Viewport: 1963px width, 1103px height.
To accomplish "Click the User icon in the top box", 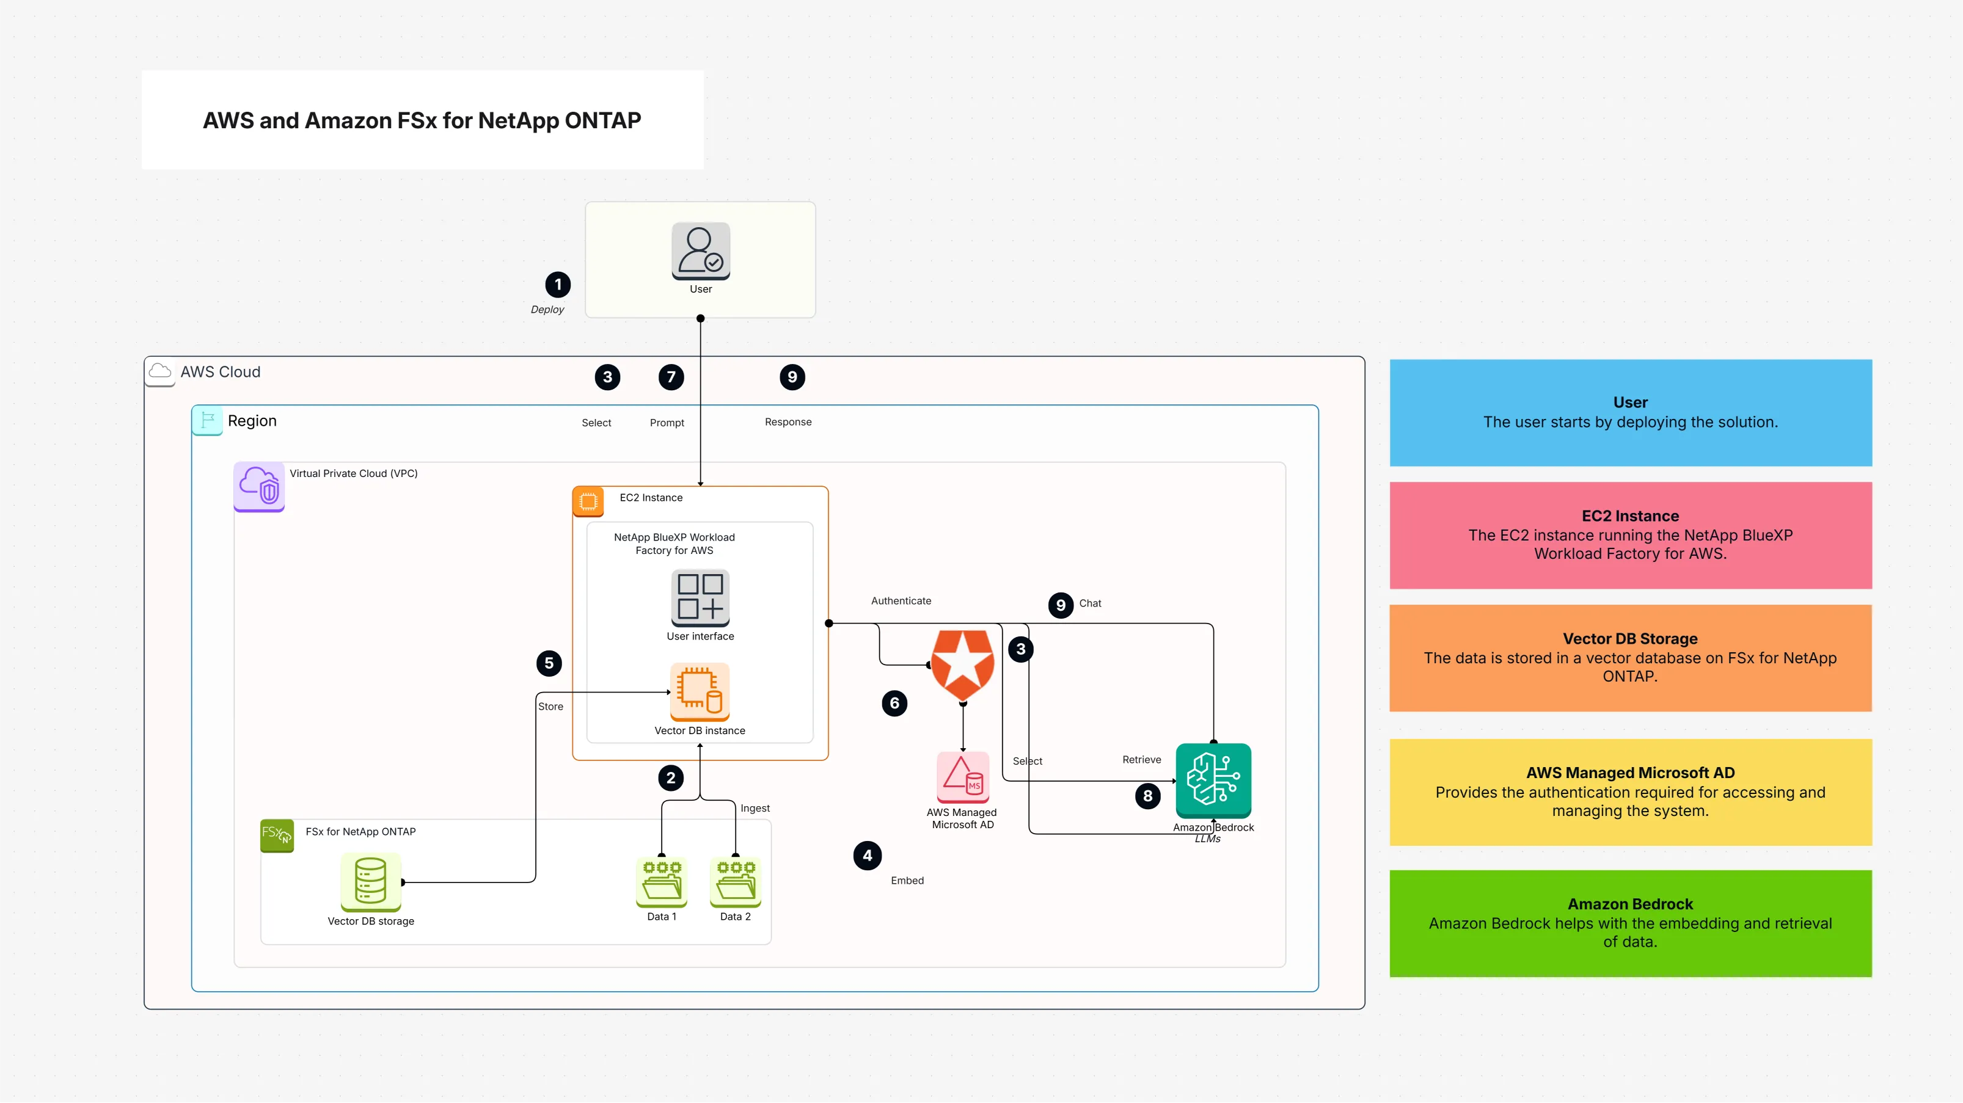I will pos(700,250).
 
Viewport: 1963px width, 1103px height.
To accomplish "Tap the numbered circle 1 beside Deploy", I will pos(558,285).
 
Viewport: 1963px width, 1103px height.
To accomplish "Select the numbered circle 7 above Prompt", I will pos(671,377).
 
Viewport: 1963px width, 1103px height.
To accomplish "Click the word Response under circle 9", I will pos(788,422).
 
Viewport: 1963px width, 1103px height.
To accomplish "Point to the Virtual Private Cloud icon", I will pos(259,486).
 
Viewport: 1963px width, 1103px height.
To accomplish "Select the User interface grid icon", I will pos(700,597).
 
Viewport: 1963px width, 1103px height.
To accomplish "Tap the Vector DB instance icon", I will pos(700,691).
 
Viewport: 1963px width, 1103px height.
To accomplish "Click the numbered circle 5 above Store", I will pos(549,663).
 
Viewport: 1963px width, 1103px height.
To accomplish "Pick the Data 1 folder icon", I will pos(662,881).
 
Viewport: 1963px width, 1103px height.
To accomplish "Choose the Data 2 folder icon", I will pos(736,881).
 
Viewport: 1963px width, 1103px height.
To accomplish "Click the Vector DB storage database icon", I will pos(370,881).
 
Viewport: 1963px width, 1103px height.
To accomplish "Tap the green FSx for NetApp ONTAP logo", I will pos(277,835).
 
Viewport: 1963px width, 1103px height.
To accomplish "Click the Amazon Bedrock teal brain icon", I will pos(1213,780).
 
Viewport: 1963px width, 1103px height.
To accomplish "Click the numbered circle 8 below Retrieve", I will pos(1147,796).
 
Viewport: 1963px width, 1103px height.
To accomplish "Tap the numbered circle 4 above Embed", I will pos(867,856).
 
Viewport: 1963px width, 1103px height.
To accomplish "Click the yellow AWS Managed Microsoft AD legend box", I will pos(1630,792).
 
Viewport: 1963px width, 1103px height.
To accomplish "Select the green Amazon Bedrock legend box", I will pos(1630,923).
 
